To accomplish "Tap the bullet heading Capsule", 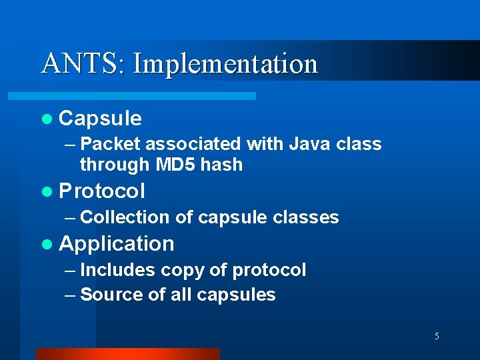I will point(100,119).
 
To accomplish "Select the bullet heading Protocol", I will point(101,191).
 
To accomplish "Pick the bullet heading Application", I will point(116,244).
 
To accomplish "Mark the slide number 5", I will point(437,336).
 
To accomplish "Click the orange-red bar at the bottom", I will point(127,354).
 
